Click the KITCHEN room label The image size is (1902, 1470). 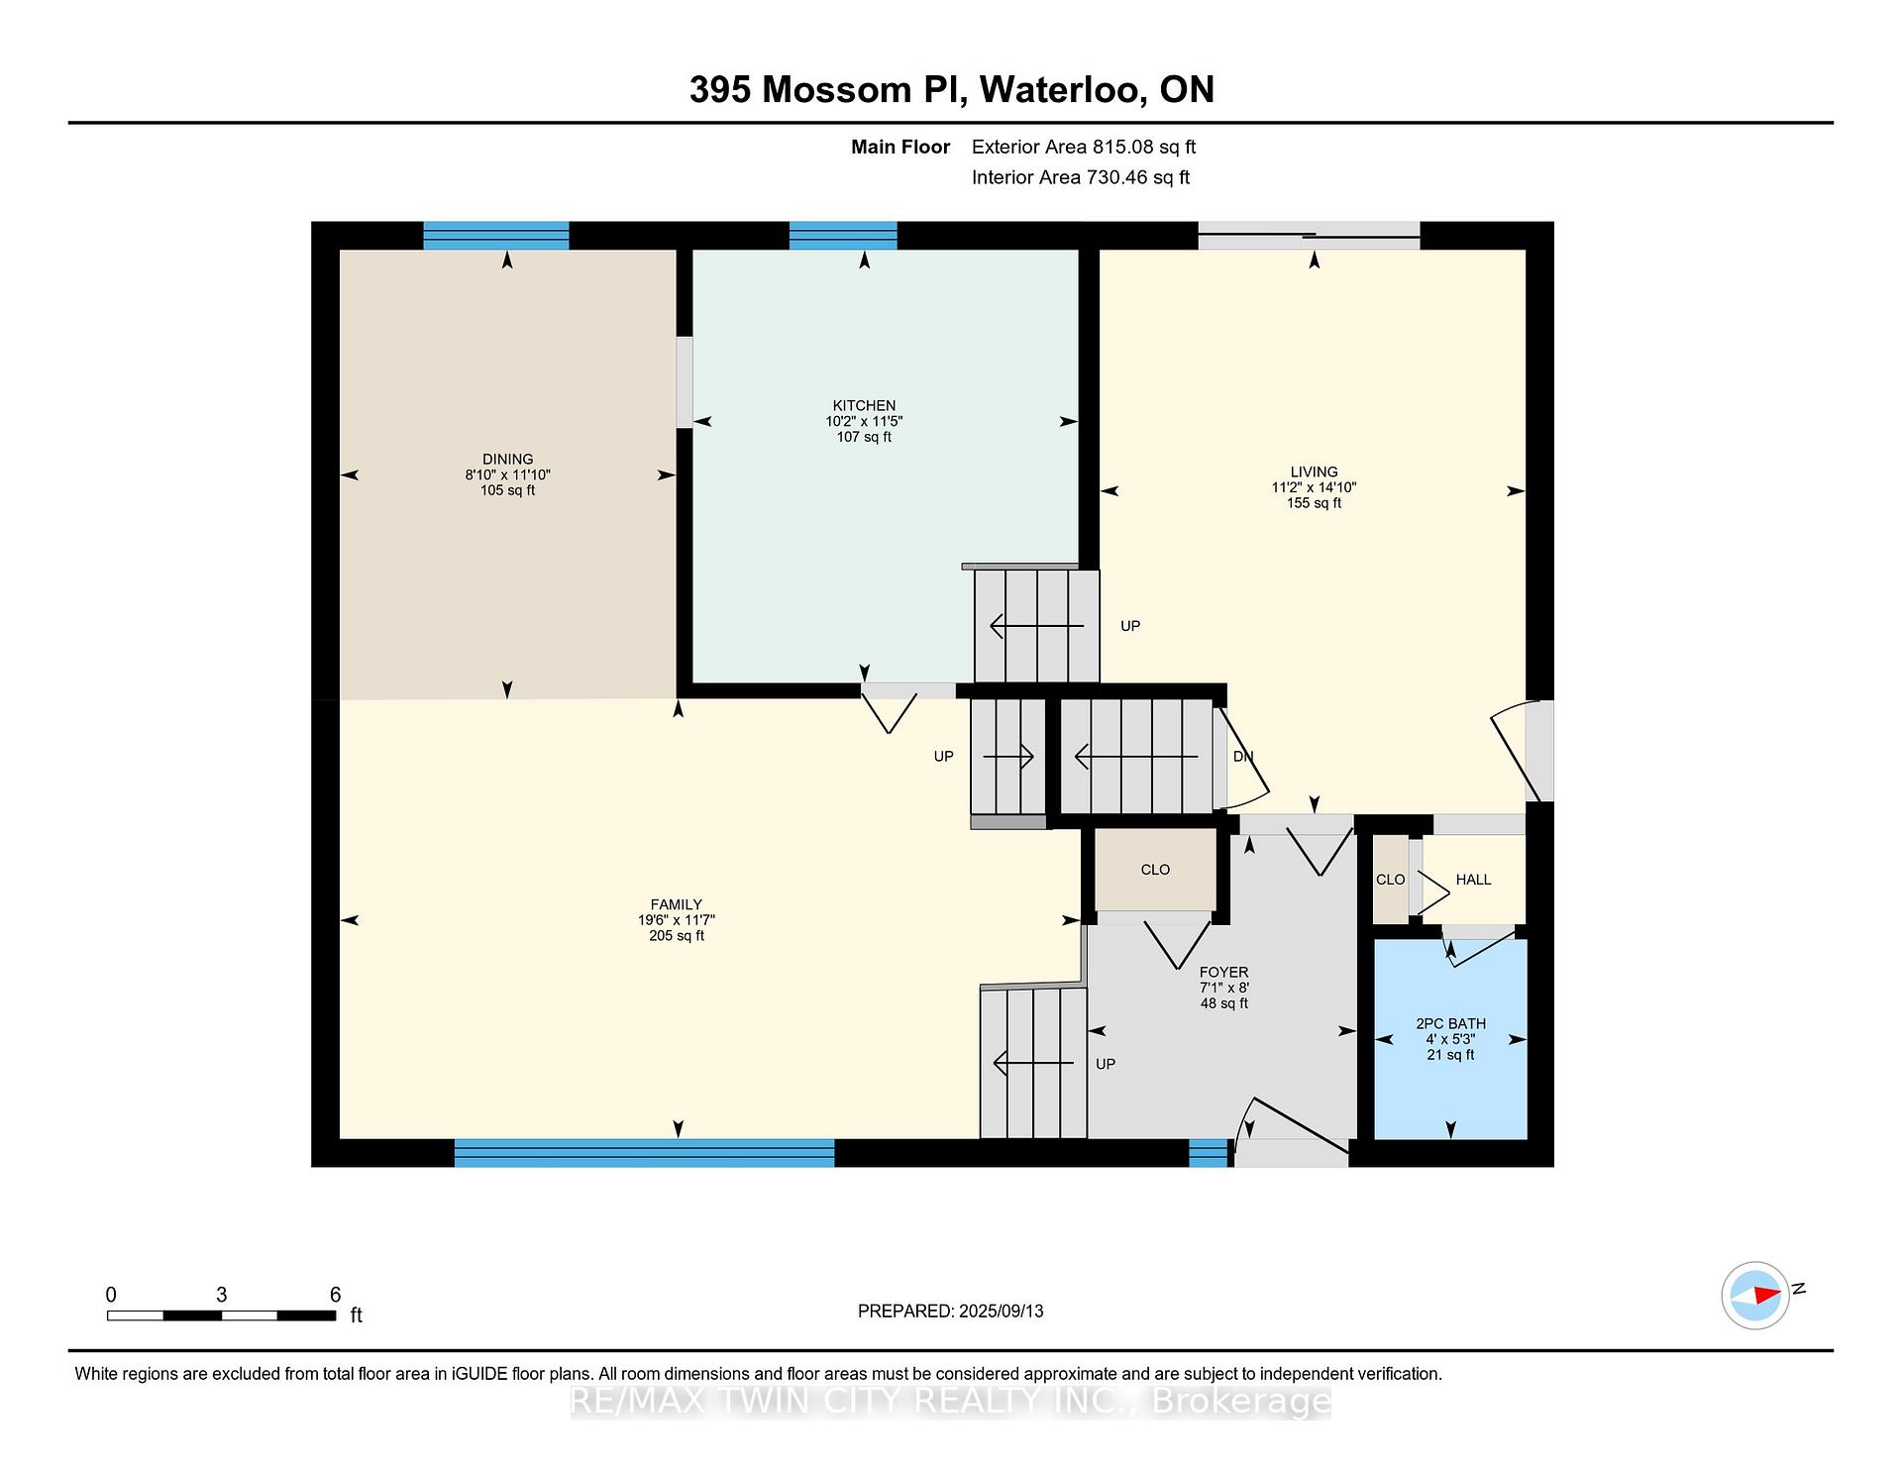(x=864, y=405)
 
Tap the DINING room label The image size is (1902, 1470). (x=507, y=459)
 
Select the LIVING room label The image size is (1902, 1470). (x=1314, y=472)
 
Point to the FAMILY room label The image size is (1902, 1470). (x=676, y=904)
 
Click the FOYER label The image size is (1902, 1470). (x=1223, y=972)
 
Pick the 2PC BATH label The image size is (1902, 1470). (x=1450, y=1023)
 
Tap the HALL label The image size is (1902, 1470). (x=1473, y=880)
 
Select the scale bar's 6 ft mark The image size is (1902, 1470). (x=335, y=1295)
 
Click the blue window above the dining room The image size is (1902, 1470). (x=496, y=236)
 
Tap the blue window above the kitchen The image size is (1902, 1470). (x=843, y=236)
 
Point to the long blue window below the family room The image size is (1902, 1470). (x=644, y=1153)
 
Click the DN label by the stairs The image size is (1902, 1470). (x=1243, y=757)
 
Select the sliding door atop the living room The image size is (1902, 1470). (x=1309, y=236)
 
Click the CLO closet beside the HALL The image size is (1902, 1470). (x=1390, y=880)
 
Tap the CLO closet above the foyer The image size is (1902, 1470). (x=1155, y=870)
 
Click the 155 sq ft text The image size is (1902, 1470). (x=1314, y=503)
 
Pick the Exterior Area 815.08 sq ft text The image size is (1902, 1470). (x=1084, y=148)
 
